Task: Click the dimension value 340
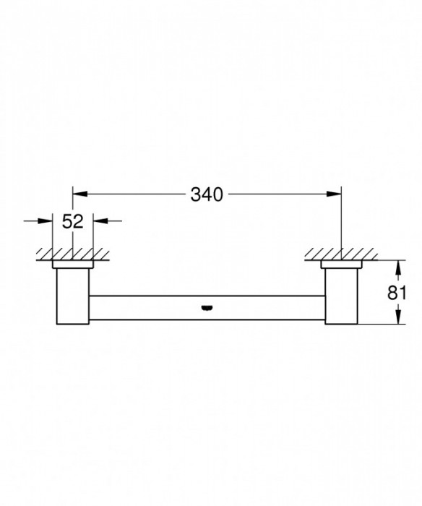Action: pos(207,194)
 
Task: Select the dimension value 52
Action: pos(73,222)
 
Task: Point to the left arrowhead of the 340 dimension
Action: pos(79,194)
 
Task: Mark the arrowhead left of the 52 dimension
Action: pos(48,222)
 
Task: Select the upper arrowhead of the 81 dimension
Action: pos(396,265)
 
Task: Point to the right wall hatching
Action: pos(340,254)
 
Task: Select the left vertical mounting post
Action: pos(72,296)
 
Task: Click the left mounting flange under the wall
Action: pos(72,265)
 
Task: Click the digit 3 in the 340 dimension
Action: pos(195,194)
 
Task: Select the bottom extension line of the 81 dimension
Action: pos(379,325)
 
